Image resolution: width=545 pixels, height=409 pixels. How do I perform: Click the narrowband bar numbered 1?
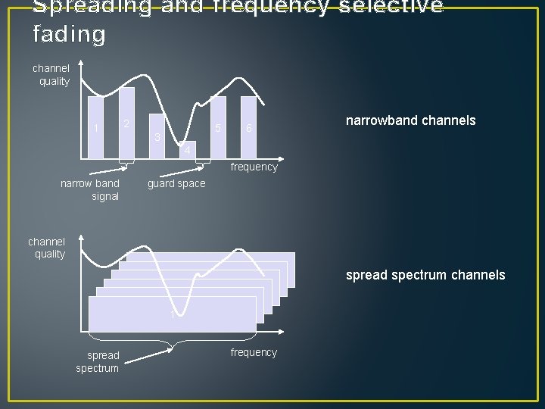tap(96, 128)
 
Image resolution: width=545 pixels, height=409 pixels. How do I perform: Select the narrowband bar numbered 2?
tap(126, 123)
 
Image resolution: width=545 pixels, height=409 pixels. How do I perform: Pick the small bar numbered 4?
tap(187, 152)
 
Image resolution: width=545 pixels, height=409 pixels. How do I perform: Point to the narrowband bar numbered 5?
tap(218, 128)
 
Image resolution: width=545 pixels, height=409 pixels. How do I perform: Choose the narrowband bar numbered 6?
tap(248, 128)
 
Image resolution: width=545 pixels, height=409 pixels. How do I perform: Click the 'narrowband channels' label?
tap(410, 120)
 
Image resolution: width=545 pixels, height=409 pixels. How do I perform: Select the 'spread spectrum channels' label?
tap(425, 275)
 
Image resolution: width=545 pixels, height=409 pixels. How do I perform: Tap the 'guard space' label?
tap(176, 184)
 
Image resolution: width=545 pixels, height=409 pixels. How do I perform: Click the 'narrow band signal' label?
tap(90, 190)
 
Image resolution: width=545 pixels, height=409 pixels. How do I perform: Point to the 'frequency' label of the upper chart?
tap(254, 167)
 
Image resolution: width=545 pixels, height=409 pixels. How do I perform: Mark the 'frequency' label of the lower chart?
tap(254, 352)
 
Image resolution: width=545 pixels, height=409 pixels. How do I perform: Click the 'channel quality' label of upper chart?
tap(51, 75)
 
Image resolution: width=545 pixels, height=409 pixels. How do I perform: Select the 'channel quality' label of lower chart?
tap(47, 248)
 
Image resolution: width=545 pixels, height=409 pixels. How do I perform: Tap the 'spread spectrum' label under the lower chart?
tap(98, 361)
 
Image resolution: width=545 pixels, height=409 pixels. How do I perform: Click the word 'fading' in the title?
tap(70, 34)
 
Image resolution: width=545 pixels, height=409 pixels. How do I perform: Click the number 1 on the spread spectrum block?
tap(173, 314)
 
